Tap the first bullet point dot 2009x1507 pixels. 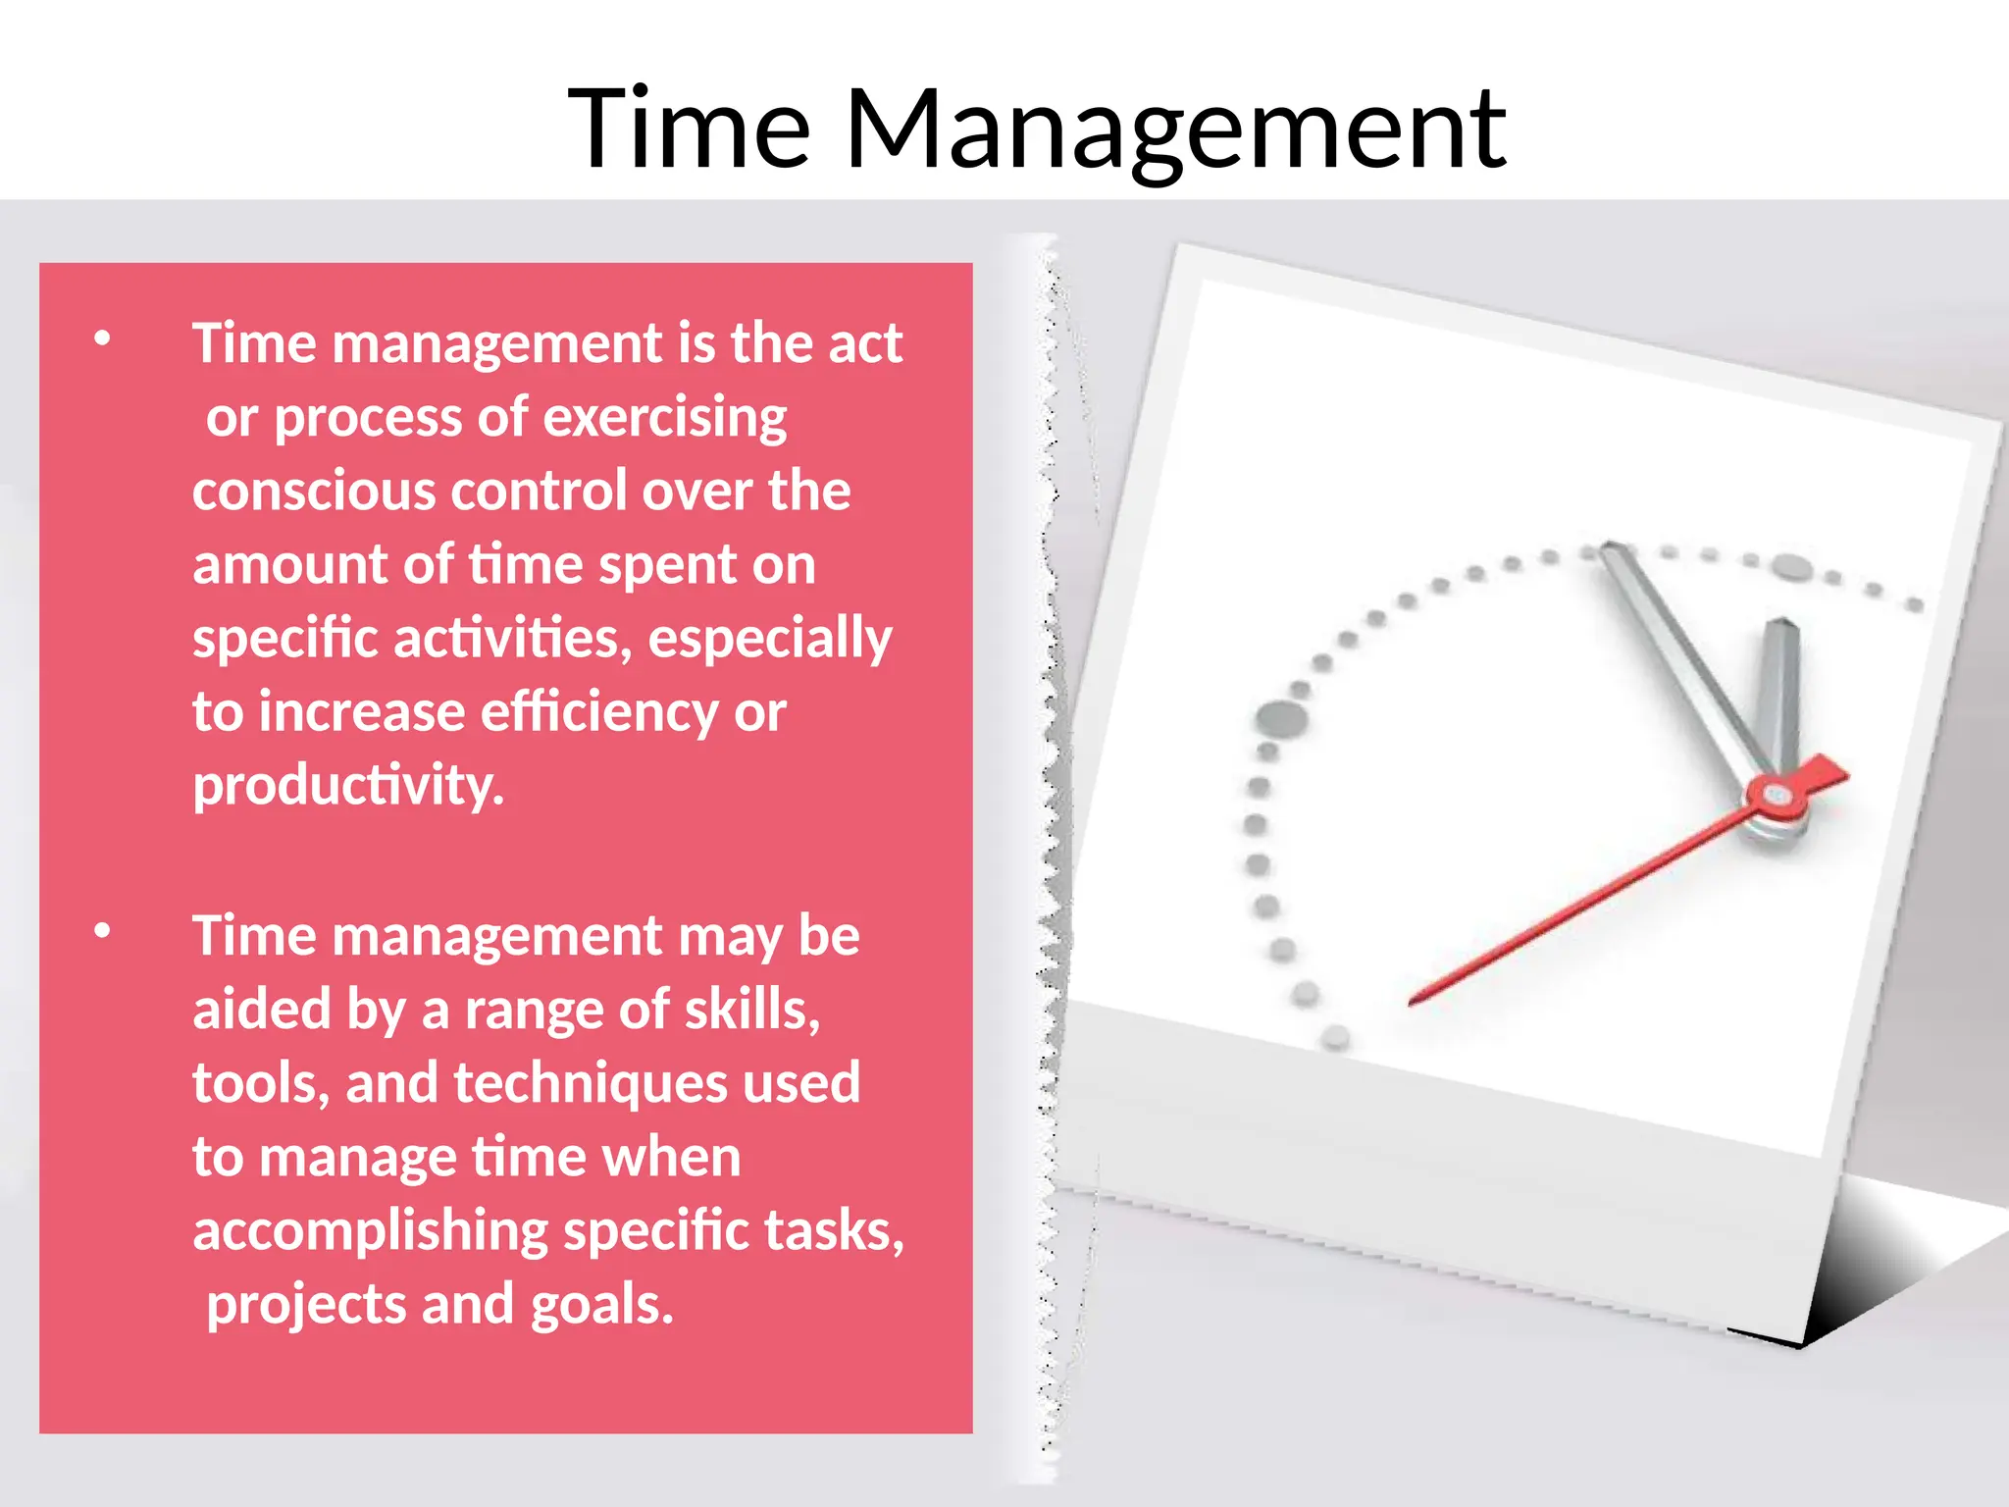[x=102, y=338]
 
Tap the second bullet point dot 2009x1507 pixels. [x=102, y=931]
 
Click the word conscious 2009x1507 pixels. [x=312, y=491]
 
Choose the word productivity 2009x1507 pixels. [x=348, y=786]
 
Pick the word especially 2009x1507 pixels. [x=770, y=639]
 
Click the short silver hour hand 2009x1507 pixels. [x=1780, y=687]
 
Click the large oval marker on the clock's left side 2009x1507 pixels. [x=1281, y=718]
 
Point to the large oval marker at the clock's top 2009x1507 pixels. [x=1792, y=566]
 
